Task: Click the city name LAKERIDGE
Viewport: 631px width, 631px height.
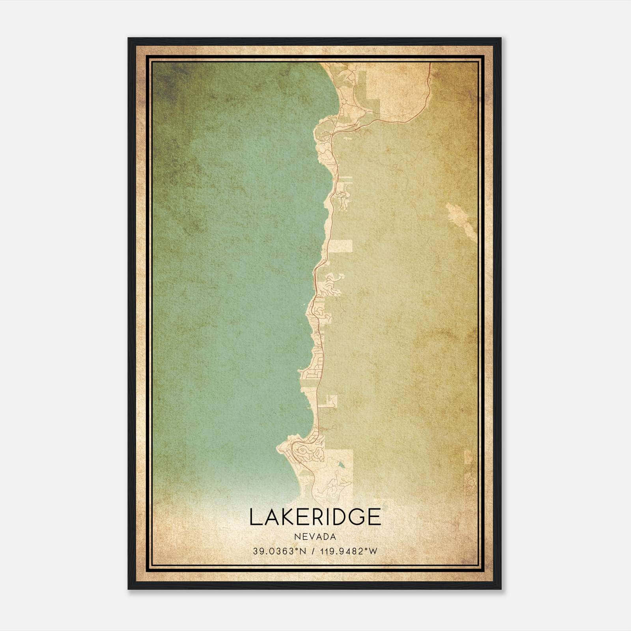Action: click(315, 517)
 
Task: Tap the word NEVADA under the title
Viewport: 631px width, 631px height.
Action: click(315, 537)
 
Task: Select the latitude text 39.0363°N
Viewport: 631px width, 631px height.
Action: click(280, 551)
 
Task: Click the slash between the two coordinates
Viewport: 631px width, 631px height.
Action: click(314, 551)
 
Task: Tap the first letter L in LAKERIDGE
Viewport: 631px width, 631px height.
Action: click(254, 517)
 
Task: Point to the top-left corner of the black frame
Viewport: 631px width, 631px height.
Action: click(129, 39)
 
